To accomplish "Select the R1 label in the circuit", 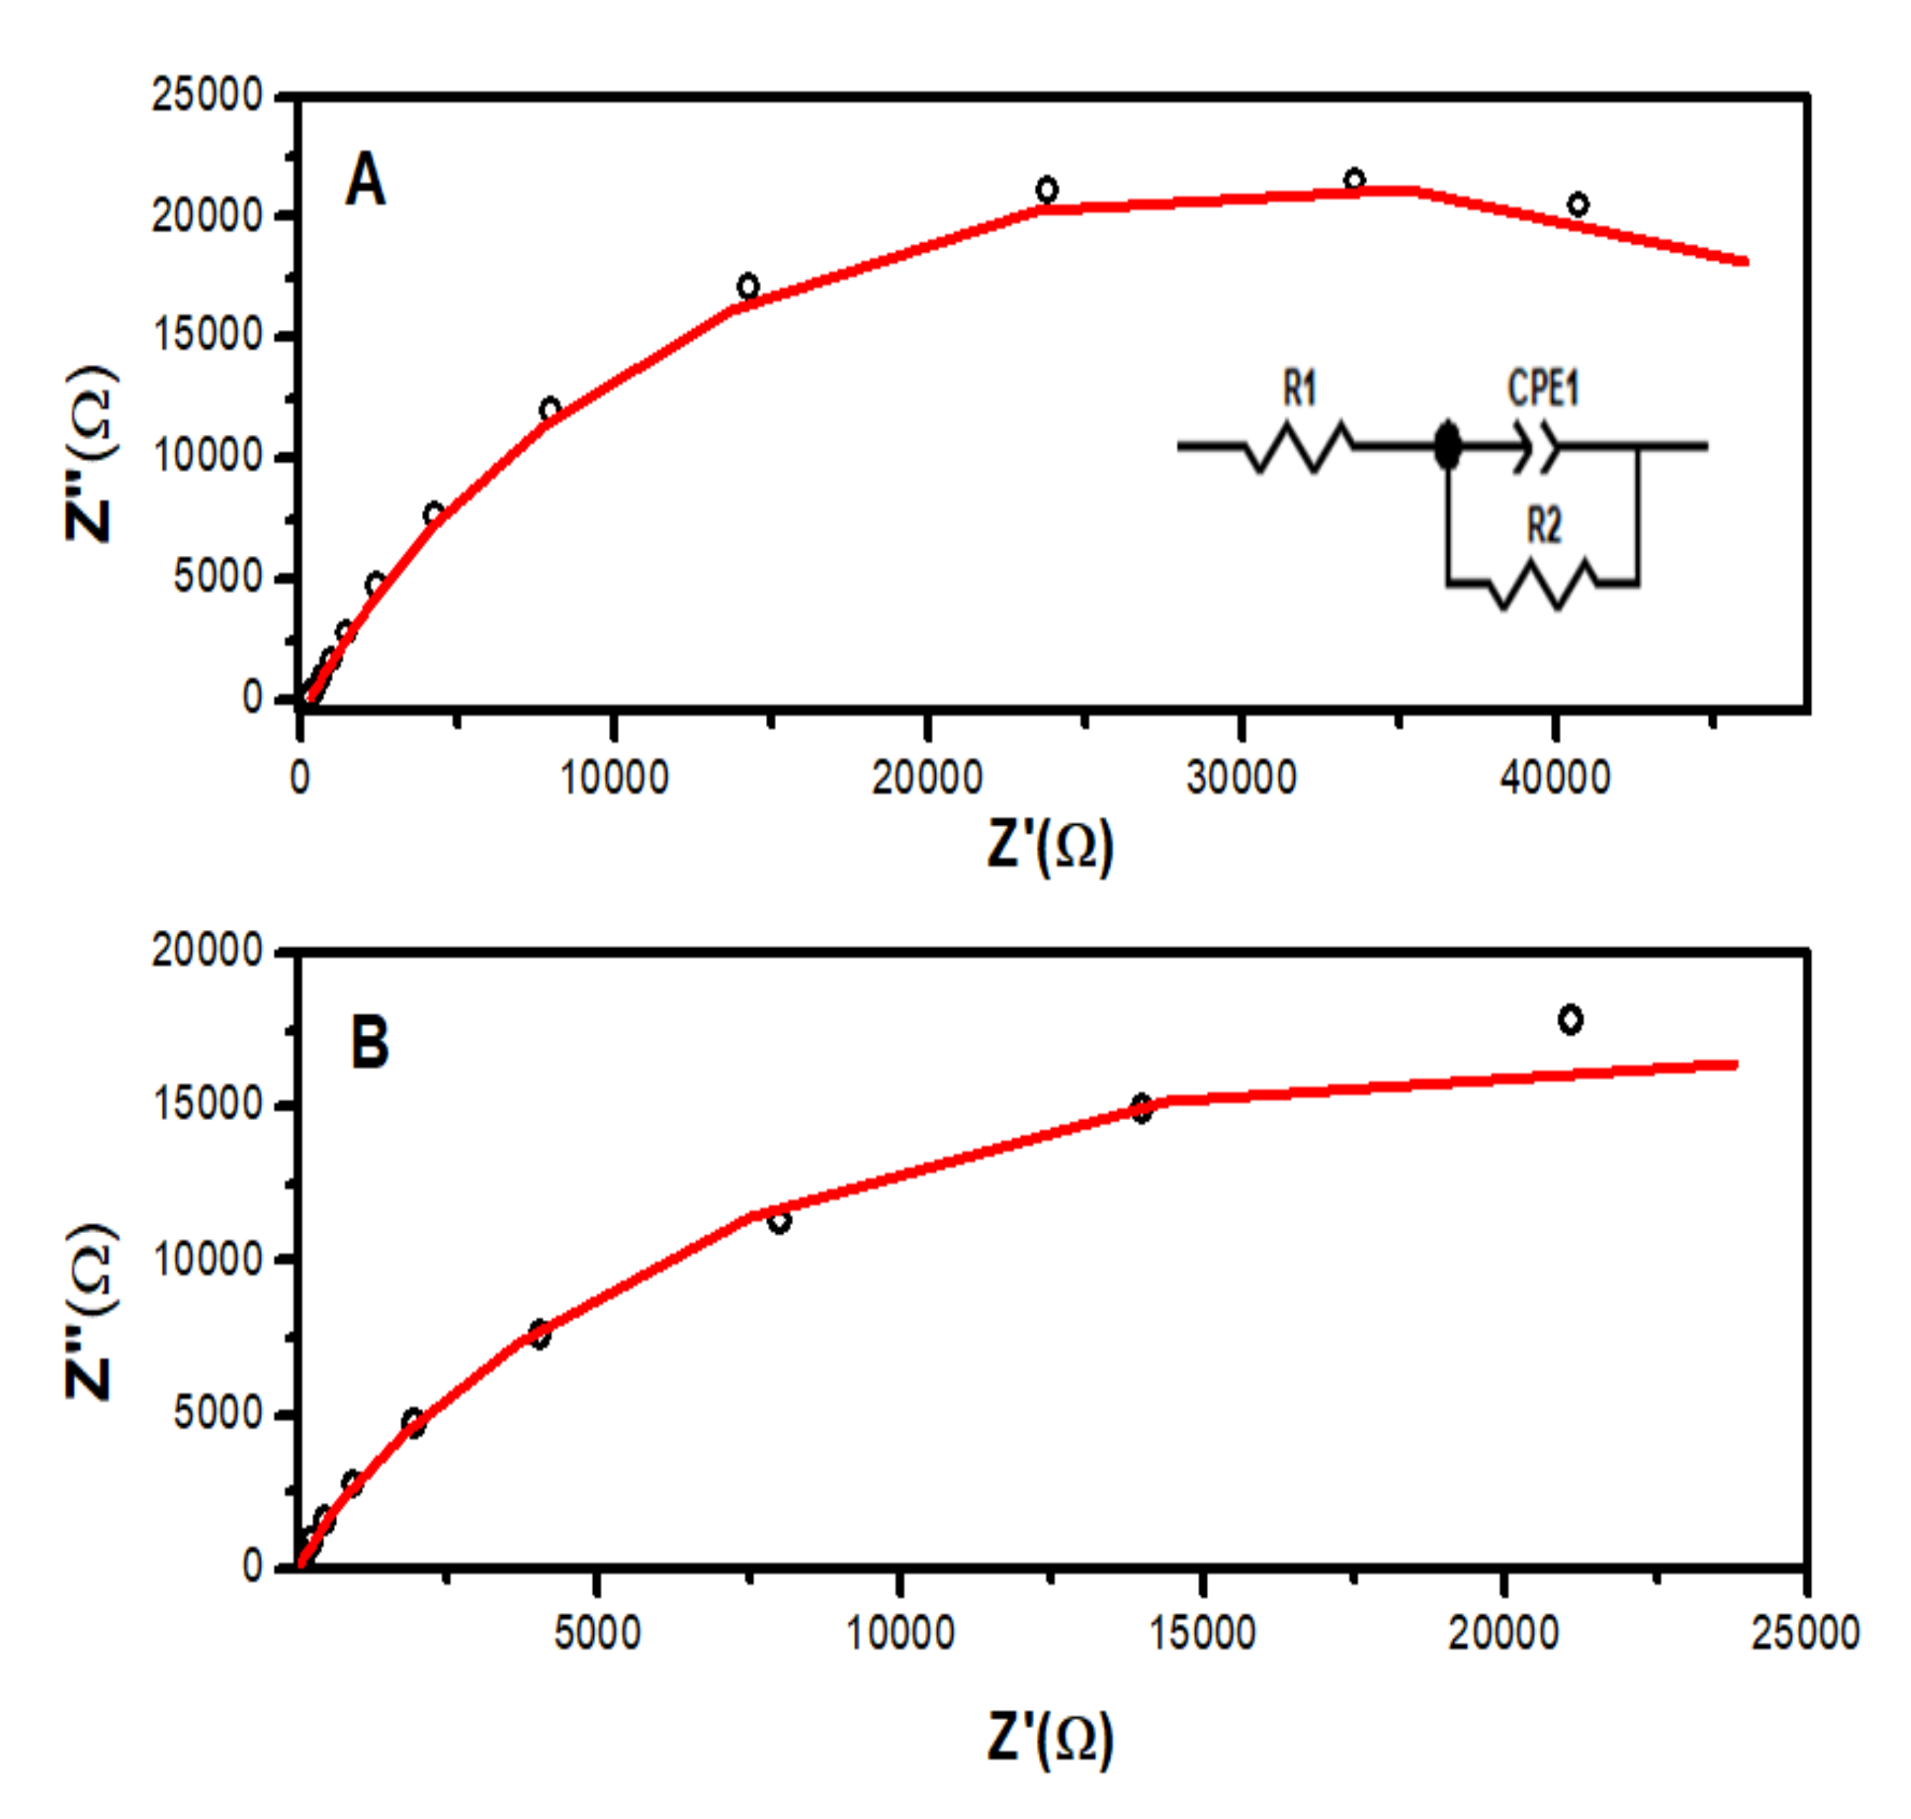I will (x=1300, y=389).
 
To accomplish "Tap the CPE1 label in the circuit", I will (x=1543, y=389).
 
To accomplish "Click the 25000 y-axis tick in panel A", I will (x=207, y=96).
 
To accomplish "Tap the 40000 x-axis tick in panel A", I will (x=1555, y=777).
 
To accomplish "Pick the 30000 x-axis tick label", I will (x=1241, y=777).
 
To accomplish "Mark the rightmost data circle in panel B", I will (x=1570, y=1019).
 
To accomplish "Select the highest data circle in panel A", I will (x=1354, y=179).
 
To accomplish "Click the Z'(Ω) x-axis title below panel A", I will (x=1050, y=846).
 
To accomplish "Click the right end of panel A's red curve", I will (x=1744, y=261).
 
